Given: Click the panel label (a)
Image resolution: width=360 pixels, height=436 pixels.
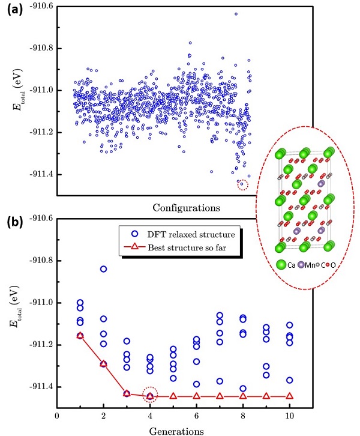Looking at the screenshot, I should (16, 11).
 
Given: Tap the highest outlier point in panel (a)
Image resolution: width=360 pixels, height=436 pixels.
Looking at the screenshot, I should (236, 14).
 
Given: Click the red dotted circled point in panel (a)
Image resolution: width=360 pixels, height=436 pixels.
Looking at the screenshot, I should (242, 184).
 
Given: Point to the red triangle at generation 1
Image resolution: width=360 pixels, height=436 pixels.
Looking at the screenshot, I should (80, 335).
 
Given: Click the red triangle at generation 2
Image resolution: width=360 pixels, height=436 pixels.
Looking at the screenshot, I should (103, 363).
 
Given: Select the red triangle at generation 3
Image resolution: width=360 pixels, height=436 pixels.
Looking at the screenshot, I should (127, 393).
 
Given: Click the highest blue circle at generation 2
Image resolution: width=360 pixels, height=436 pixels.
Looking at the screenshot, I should (103, 268).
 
